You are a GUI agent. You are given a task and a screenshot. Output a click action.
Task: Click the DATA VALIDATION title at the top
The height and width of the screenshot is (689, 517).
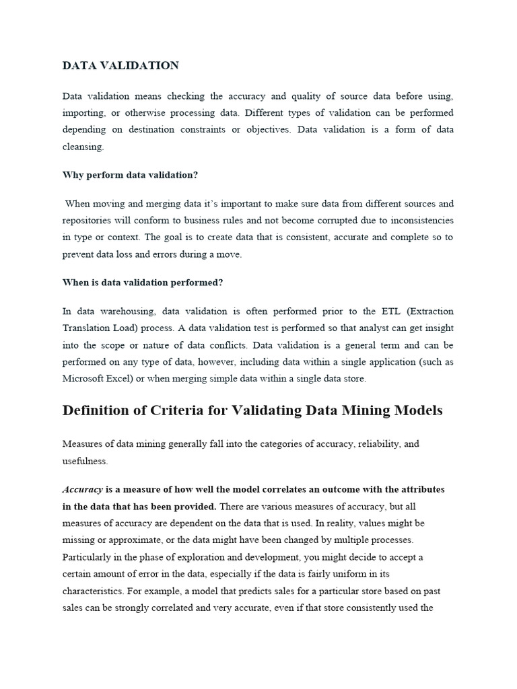click(x=120, y=65)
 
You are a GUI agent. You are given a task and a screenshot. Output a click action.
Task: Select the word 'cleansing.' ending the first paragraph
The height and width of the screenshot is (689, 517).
click(x=83, y=145)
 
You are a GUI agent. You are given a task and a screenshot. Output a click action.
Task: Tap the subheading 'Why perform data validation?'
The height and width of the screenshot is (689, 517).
click(x=130, y=174)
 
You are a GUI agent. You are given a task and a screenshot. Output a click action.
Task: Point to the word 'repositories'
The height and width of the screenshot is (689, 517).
click(x=88, y=220)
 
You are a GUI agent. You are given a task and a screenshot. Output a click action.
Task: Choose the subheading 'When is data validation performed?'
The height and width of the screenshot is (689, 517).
click(x=143, y=283)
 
